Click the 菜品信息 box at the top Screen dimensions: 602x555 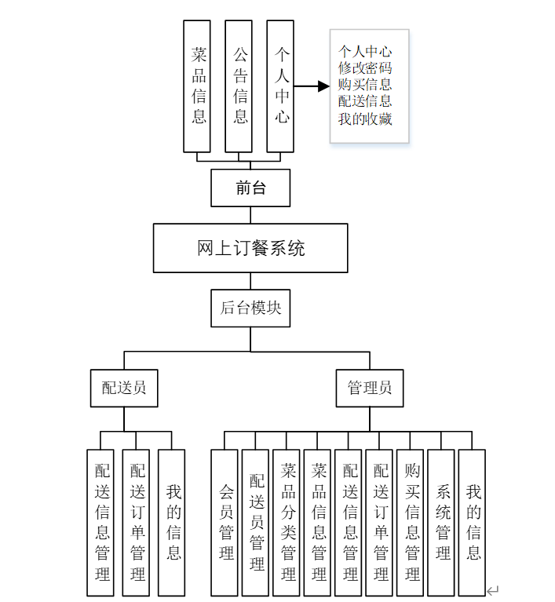(197, 86)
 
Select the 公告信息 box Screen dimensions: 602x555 (239, 86)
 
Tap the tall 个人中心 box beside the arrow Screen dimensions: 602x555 (280, 86)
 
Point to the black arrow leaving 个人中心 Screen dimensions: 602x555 (312, 86)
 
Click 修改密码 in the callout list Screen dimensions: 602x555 (365, 68)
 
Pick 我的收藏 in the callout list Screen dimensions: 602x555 (365, 119)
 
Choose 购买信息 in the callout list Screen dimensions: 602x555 (365, 85)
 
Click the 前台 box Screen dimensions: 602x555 (250, 188)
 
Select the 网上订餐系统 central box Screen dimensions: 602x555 (250, 248)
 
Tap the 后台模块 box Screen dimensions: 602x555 (250, 308)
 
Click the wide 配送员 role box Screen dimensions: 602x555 (124, 388)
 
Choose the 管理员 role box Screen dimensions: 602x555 (370, 388)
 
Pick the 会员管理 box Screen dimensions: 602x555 (225, 522)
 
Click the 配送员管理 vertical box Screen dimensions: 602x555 (256, 522)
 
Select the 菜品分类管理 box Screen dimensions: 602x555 (287, 522)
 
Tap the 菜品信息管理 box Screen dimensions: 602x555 (318, 522)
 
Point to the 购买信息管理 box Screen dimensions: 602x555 (411, 522)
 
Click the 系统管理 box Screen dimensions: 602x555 (441, 522)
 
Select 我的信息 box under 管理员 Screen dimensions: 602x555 (473, 522)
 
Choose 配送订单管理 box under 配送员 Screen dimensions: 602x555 (137, 522)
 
